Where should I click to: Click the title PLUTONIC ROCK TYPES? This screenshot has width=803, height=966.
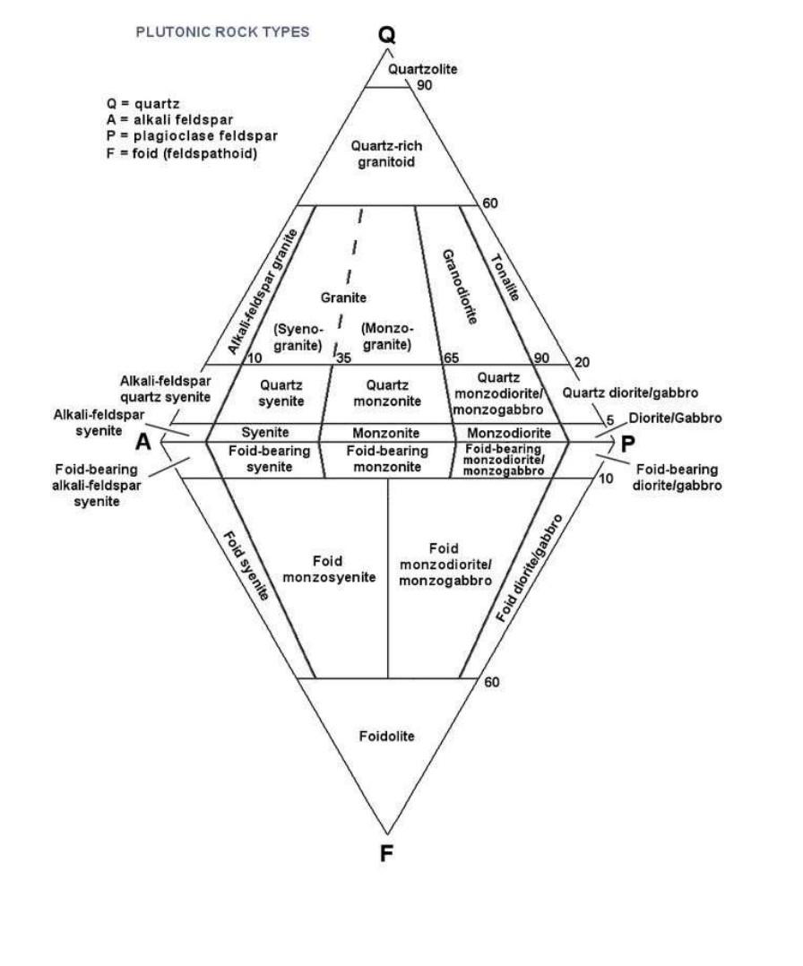coord(222,32)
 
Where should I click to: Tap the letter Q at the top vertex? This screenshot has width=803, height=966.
coord(386,34)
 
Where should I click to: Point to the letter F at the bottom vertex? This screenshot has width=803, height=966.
coord(386,852)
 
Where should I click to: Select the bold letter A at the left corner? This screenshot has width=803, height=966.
coord(143,442)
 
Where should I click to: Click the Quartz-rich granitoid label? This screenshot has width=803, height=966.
coord(385,152)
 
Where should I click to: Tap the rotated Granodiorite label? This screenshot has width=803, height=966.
coord(458,287)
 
